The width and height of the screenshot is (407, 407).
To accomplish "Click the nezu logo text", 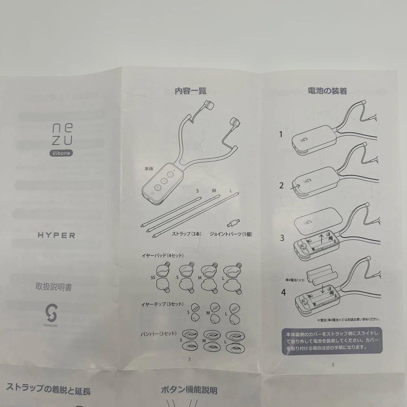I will [x=60, y=135].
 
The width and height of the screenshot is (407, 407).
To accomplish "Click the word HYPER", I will [x=57, y=236].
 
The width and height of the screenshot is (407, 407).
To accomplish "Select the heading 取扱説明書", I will [x=54, y=288].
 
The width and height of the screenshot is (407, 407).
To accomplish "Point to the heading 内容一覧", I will [x=190, y=91].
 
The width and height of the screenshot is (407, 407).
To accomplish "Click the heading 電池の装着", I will [x=327, y=91].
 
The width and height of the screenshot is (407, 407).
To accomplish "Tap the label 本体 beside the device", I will [x=149, y=169].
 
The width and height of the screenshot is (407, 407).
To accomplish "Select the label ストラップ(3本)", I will [x=187, y=234].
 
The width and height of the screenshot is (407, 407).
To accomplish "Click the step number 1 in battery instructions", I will [x=280, y=135].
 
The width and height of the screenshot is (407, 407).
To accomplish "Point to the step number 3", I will [x=282, y=238].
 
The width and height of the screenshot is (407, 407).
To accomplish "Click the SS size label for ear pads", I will [x=153, y=277].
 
